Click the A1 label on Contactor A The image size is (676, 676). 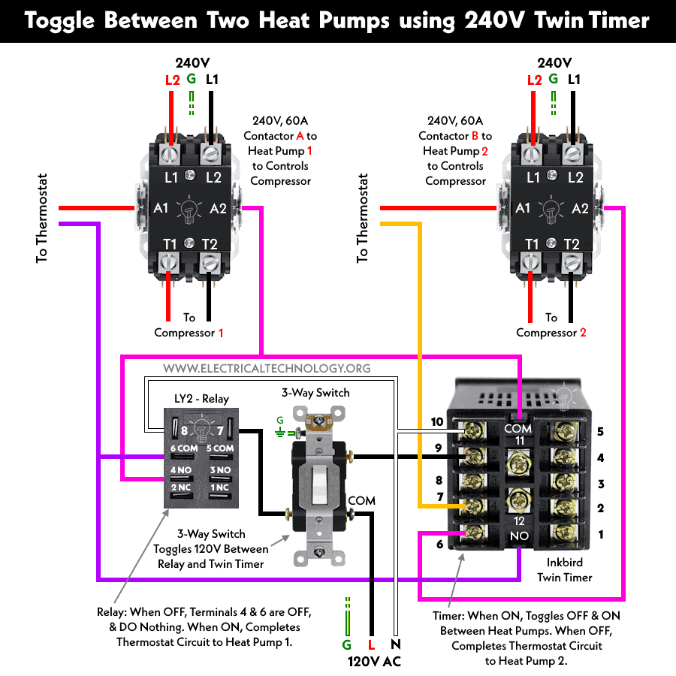pos(160,208)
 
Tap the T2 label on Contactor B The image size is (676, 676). pos(572,243)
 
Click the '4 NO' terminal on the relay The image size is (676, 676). pos(183,470)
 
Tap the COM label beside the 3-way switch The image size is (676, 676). pos(361,501)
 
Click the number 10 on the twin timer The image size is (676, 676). pos(437,422)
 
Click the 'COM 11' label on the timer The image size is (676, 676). pos(518,433)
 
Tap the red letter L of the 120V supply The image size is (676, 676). pos(371,644)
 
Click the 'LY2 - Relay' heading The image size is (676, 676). pos(201,399)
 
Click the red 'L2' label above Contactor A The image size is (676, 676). pos(172,80)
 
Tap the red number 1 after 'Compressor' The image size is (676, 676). pos(220,333)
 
